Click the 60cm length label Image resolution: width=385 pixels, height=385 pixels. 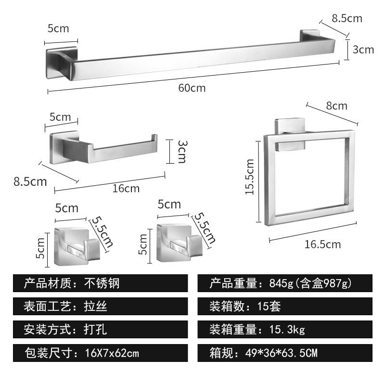coord(192,88)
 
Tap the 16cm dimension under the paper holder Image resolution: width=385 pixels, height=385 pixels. coord(126,188)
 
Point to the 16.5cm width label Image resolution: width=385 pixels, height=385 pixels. coord(322,244)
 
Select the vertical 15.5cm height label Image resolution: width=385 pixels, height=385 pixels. coord(249,177)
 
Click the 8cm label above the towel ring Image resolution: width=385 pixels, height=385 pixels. coord(336,105)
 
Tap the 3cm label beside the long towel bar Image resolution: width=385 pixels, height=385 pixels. coord(363,49)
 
